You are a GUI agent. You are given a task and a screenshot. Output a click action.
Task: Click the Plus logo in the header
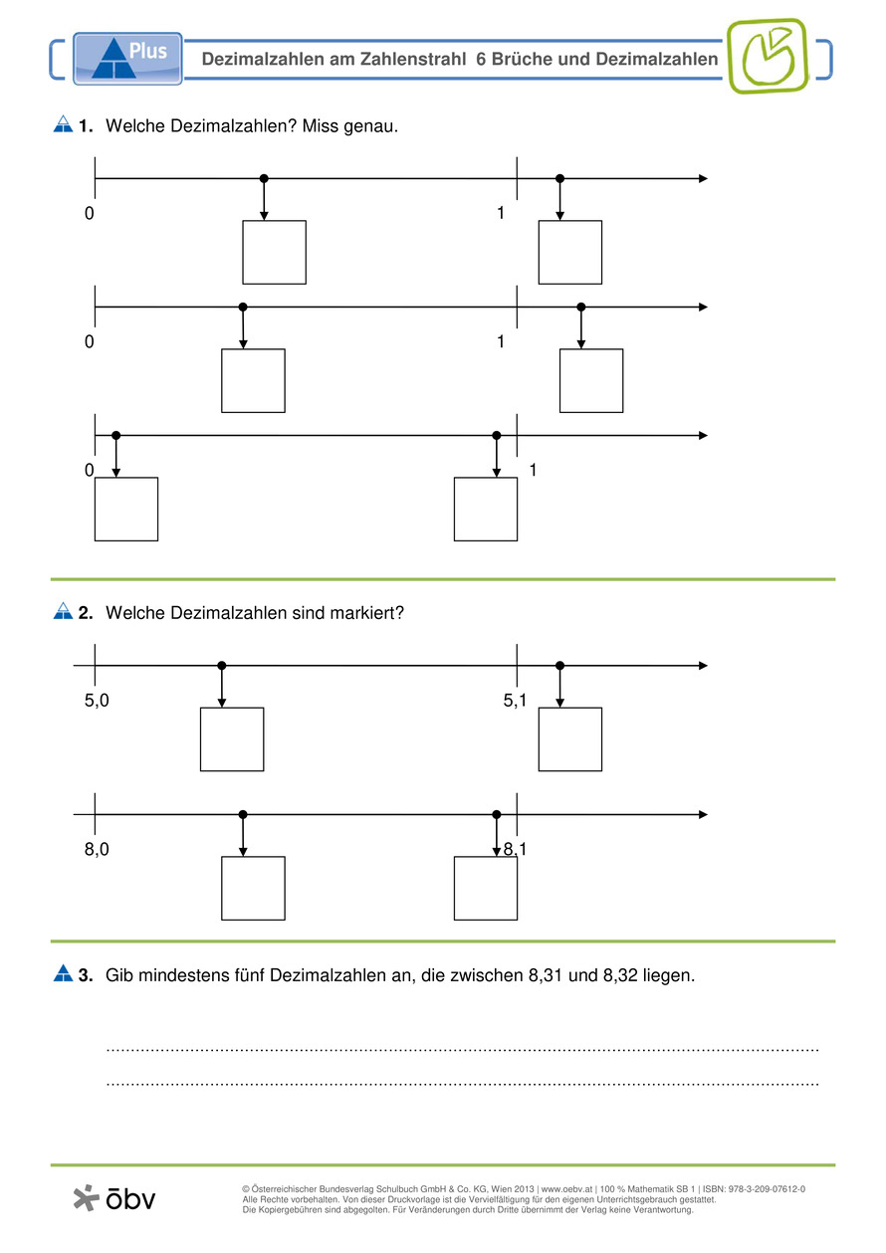pyautogui.click(x=127, y=57)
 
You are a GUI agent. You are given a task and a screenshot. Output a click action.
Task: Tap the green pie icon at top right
pyautogui.click(x=767, y=56)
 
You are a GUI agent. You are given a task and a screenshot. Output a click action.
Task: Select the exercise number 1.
pyautogui.click(x=86, y=125)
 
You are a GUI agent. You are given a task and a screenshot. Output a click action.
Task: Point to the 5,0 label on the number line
pyautogui.click(x=97, y=701)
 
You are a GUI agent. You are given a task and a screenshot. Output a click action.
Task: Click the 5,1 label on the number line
pyautogui.click(x=515, y=701)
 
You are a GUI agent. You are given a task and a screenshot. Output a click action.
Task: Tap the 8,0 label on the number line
pyautogui.click(x=97, y=849)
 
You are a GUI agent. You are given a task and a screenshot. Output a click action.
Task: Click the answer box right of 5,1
pyautogui.click(x=570, y=738)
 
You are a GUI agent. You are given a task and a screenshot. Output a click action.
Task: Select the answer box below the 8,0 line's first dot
pyautogui.click(x=253, y=888)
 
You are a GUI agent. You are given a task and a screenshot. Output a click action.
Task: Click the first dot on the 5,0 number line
pyautogui.click(x=222, y=665)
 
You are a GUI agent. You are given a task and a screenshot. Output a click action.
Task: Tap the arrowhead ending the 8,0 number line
pyautogui.click(x=703, y=814)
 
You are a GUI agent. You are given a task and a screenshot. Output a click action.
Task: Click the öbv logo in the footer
pyautogui.click(x=115, y=1198)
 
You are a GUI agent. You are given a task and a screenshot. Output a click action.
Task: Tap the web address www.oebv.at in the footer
pyautogui.click(x=565, y=1189)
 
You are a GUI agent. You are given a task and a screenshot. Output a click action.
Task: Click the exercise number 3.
pyautogui.click(x=86, y=975)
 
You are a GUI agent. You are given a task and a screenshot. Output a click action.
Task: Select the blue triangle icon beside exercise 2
pyautogui.click(x=63, y=612)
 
